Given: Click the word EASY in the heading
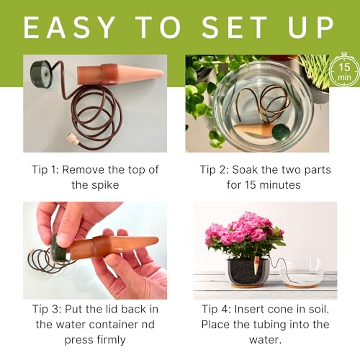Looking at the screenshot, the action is point(69,27).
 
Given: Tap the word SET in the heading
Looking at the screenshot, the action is point(235,27).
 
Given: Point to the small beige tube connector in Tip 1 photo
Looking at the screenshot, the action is point(72,139).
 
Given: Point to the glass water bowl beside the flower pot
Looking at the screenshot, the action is point(302,273).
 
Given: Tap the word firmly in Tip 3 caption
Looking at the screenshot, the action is point(111,340).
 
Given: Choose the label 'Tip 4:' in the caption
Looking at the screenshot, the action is point(216,310).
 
